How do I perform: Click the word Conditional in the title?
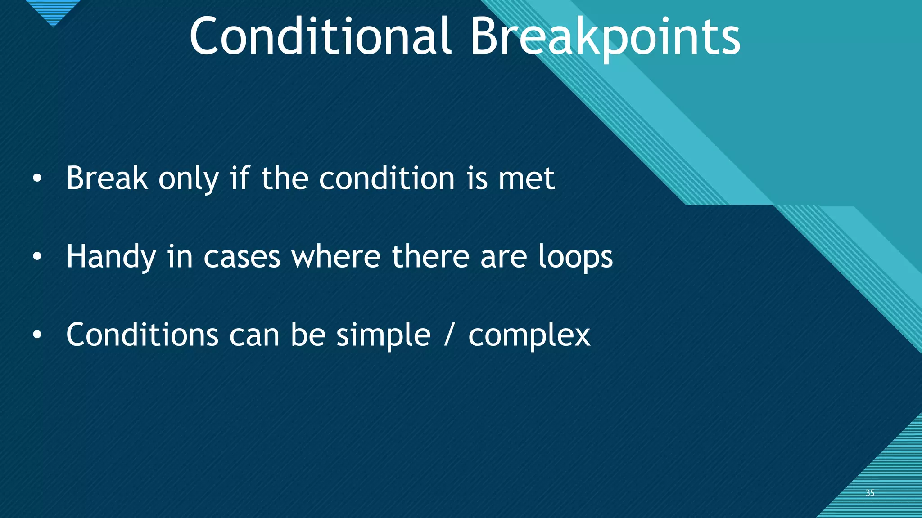pyautogui.click(x=320, y=36)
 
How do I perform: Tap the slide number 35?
pyautogui.click(x=870, y=493)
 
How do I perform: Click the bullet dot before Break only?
pyautogui.click(x=37, y=179)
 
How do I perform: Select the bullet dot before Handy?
pyautogui.click(x=37, y=257)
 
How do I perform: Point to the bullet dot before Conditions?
pyautogui.click(x=37, y=335)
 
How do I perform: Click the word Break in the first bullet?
pyautogui.click(x=107, y=179)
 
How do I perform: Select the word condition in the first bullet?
pyautogui.click(x=387, y=179)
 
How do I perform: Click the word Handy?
pyautogui.click(x=111, y=257)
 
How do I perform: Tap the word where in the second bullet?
pyautogui.click(x=336, y=256)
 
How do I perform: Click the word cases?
pyautogui.click(x=242, y=257)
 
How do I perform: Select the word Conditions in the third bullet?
pyautogui.click(x=142, y=335)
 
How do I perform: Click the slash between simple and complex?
pyautogui.click(x=447, y=335)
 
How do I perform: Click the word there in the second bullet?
pyautogui.click(x=431, y=256)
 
